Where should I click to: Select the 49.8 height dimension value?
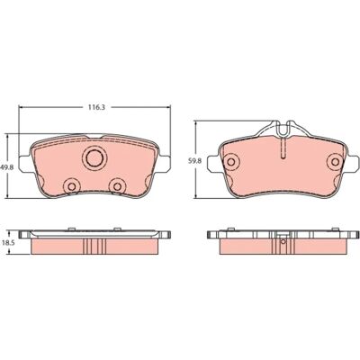tap(7, 168)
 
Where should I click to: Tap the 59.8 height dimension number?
tap(195, 160)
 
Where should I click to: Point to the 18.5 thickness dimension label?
tap(7, 244)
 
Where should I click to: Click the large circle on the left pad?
tap(94, 157)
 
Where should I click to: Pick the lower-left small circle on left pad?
tap(71, 186)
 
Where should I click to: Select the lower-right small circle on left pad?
tap(117, 186)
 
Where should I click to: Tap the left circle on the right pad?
tap(230, 162)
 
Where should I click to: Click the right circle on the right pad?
tap(335, 162)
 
